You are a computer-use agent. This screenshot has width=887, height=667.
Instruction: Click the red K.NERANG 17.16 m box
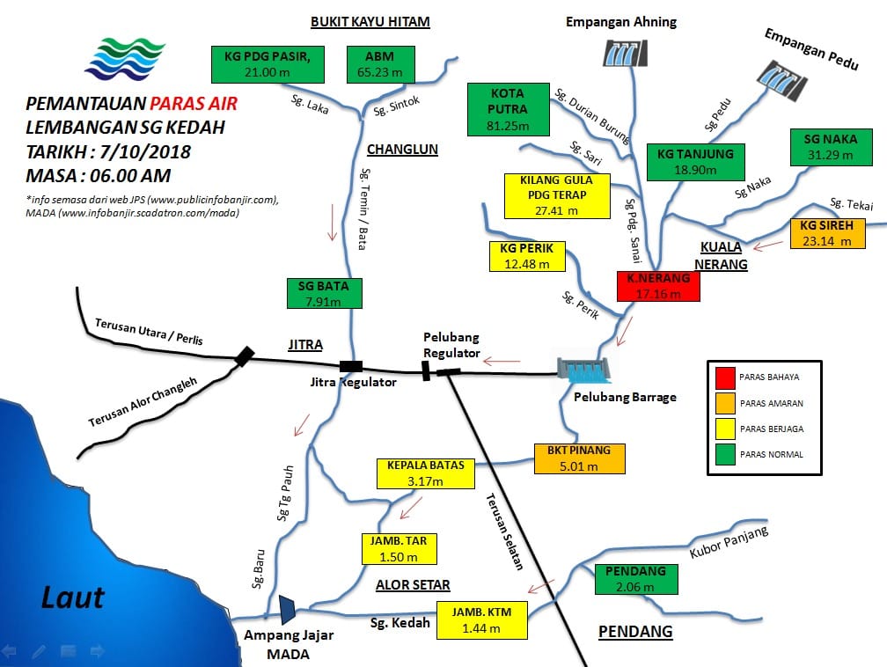click(658, 286)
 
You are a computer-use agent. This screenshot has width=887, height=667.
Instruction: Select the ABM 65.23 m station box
click(381, 64)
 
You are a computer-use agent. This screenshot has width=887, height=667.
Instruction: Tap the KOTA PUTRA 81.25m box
click(509, 110)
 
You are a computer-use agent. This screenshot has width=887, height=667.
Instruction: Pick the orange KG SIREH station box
click(827, 233)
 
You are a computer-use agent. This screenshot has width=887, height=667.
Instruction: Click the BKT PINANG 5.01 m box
click(580, 458)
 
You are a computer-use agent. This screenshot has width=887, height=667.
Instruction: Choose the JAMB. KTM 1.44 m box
click(482, 620)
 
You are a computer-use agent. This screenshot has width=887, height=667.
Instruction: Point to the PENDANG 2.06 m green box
click(636, 579)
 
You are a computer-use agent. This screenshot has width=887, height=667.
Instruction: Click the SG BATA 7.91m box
click(324, 294)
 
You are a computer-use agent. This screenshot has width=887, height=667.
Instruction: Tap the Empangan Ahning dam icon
click(625, 53)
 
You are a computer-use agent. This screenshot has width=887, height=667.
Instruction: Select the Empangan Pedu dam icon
click(782, 80)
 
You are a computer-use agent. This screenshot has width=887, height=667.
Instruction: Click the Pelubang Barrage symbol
click(583, 370)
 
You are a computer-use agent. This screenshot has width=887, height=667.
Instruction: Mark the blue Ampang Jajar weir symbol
click(287, 610)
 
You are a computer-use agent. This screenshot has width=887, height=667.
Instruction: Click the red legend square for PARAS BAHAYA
click(725, 377)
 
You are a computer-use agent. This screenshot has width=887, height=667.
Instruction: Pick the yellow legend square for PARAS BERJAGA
click(725, 429)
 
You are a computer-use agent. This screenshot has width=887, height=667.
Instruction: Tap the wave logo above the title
click(125, 58)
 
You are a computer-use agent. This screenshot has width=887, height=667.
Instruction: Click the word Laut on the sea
click(73, 597)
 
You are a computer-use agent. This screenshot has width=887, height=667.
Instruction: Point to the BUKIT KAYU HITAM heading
click(370, 22)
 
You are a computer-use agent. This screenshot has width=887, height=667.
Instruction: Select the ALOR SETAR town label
click(413, 585)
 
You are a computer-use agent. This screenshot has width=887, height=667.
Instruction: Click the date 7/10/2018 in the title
click(145, 151)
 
